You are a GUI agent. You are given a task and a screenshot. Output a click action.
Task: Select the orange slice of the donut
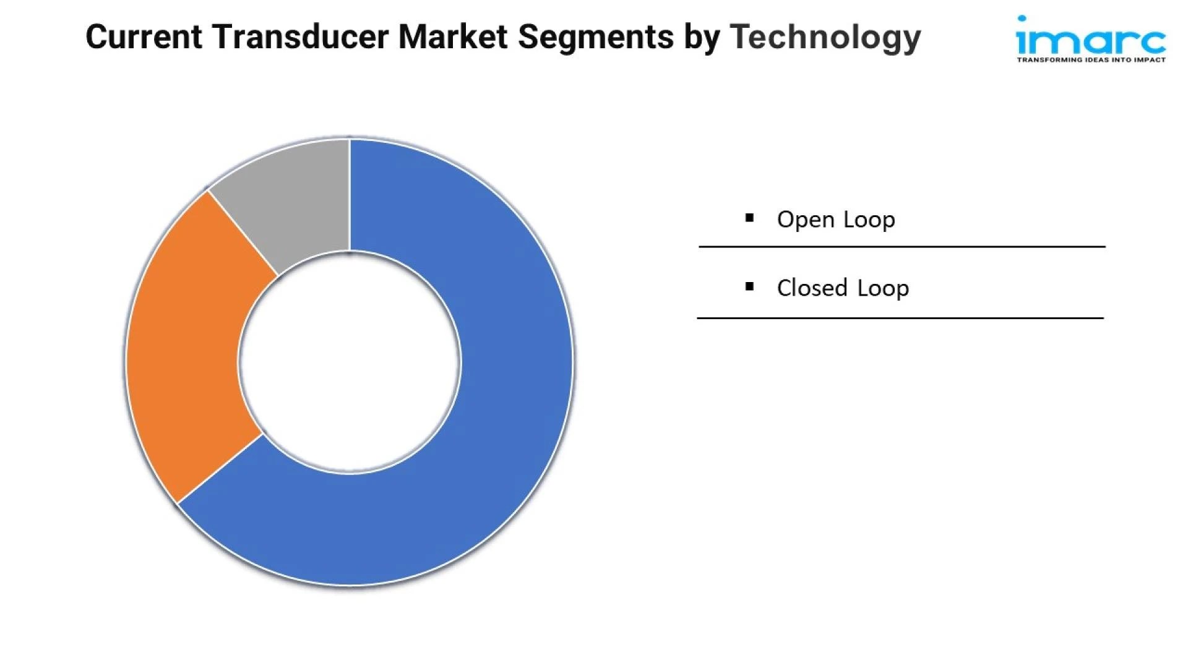click(186, 346)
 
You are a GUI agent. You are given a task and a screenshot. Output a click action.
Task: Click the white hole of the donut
click(350, 362)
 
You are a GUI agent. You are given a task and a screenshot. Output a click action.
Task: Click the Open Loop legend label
click(836, 220)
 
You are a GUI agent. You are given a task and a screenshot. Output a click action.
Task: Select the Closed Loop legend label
click(843, 288)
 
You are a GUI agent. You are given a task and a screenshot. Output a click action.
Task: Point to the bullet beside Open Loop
click(750, 218)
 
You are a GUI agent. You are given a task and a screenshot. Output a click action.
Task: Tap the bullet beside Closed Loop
click(750, 286)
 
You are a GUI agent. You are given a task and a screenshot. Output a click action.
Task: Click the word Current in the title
click(144, 36)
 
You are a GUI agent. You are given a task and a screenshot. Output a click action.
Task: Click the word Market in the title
click(452, 36)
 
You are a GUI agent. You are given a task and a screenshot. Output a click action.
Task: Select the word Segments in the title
click(596, 38)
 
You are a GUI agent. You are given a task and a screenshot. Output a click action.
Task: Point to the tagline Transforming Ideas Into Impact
click(1091, 60)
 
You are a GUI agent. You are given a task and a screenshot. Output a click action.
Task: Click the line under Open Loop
click(902, 247)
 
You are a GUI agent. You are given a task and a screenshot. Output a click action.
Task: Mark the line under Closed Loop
click(900, 318)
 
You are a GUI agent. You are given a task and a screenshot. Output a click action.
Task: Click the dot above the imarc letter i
click(1022, 19)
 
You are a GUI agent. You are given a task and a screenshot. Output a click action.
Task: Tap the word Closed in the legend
click(812, 288)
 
